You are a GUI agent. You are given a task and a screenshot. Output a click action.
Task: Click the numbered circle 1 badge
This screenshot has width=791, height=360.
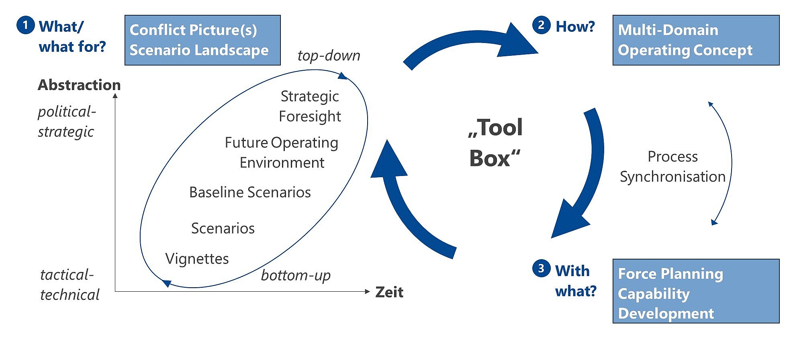tap(25, 25)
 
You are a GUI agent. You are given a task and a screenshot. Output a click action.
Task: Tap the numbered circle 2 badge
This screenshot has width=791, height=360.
tap(541, 25)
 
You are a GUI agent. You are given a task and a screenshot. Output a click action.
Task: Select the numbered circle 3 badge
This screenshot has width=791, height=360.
tap(541, 268)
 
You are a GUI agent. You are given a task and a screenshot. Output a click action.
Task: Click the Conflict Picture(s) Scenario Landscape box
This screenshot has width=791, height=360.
tap(202, 40)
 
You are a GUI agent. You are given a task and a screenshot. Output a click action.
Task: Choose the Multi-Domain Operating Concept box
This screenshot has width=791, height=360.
tap(696, 40)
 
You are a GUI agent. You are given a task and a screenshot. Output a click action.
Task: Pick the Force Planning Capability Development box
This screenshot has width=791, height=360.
tap(696, 291)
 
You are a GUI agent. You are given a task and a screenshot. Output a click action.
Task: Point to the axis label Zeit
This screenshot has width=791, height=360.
tap(389, 292)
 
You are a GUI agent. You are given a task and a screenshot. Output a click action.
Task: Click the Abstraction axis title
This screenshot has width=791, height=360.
tap(79, 85)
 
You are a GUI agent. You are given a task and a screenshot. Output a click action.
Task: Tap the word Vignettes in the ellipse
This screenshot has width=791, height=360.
tap(197, 259)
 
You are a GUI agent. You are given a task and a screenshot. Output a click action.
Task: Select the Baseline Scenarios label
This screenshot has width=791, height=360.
tap(250, 192)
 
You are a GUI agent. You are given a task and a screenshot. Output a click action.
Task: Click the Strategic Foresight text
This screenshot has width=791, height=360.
tap(310, 106)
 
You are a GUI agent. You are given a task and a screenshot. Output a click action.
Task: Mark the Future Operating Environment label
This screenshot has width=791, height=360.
tap(282, 153)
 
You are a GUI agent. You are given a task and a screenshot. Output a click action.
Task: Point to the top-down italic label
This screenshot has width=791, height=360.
tap(329, 55)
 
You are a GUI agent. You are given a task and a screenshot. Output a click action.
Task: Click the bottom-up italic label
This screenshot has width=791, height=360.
tap(296, 275)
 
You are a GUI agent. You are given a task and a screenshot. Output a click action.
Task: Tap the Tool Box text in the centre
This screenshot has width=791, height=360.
tap(495, 143)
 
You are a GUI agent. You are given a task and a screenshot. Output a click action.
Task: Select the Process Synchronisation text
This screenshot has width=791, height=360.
tap(672, 166)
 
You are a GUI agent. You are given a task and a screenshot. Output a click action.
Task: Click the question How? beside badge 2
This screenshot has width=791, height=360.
tap(575, 27)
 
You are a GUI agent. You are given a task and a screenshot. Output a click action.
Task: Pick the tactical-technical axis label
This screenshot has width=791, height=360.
tap(69, 285)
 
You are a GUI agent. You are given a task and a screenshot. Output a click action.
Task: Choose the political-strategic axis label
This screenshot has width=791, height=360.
tap(67, 121)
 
